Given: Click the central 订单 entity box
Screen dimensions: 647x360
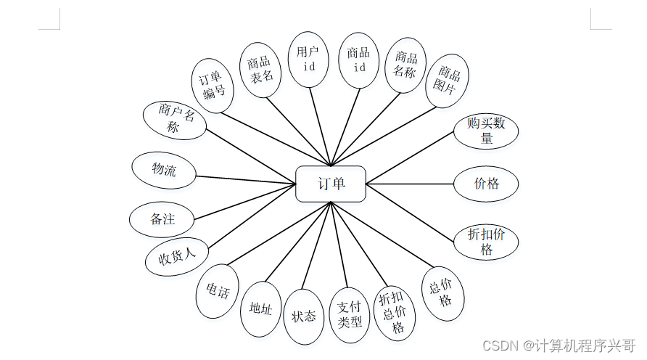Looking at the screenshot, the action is coord(331,184).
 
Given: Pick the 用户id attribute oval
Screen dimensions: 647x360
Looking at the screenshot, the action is coord(309,60).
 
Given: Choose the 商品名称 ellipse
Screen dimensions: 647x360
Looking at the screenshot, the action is coord(405,65).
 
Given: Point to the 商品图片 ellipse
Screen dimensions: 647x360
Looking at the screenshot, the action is coord(448,80).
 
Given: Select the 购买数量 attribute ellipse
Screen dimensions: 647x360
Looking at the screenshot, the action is coord(487,130).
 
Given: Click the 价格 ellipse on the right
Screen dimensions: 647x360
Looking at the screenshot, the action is coord(487,184).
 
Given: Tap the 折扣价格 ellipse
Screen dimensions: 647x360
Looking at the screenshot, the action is coord(486,242).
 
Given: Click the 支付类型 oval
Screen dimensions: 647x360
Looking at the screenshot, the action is coord(350,314).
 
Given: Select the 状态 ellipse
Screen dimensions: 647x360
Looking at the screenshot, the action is coord(304,316).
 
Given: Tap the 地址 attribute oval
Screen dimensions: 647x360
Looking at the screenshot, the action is coord(260,309).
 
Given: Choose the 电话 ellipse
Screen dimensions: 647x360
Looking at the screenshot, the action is coord(217,292).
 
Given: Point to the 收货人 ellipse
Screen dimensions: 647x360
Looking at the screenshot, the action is coord(177,256).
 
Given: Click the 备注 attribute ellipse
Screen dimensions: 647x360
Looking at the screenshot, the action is coord(162,218).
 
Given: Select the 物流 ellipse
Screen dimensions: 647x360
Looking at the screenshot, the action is coord(164,171).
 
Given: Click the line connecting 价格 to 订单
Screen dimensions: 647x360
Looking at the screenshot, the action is coord(410,184).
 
